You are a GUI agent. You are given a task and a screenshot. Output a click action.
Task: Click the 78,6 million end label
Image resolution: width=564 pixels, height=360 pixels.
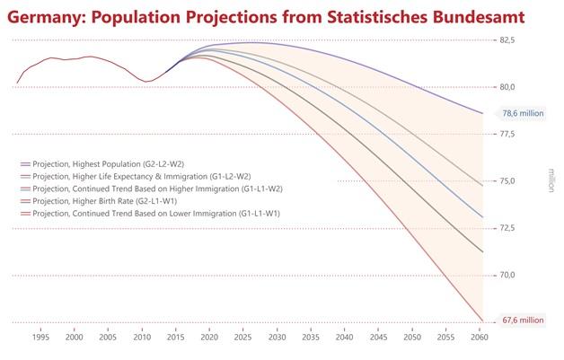tap(523, 114)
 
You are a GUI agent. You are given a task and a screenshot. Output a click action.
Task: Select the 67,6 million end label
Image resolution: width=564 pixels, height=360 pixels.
tap(523, 319)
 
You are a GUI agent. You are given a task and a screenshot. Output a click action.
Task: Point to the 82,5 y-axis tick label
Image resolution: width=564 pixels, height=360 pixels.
tap(507, 40)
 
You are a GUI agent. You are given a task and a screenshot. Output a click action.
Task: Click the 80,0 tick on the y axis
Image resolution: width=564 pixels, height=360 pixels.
tap(507, 87)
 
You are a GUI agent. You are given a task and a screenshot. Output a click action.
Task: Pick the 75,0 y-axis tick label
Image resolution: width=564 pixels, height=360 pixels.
tap(507, 181)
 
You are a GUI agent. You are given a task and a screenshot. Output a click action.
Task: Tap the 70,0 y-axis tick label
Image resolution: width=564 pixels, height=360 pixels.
tap(507, 275)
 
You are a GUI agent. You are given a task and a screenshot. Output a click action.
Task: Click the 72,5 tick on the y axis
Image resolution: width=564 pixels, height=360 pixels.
tap(507, 228)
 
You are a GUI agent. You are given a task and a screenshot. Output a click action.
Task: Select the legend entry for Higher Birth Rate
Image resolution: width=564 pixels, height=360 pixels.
tap(105, 202)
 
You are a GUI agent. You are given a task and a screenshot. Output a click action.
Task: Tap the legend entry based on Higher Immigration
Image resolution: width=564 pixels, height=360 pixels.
tap(157, 189)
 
